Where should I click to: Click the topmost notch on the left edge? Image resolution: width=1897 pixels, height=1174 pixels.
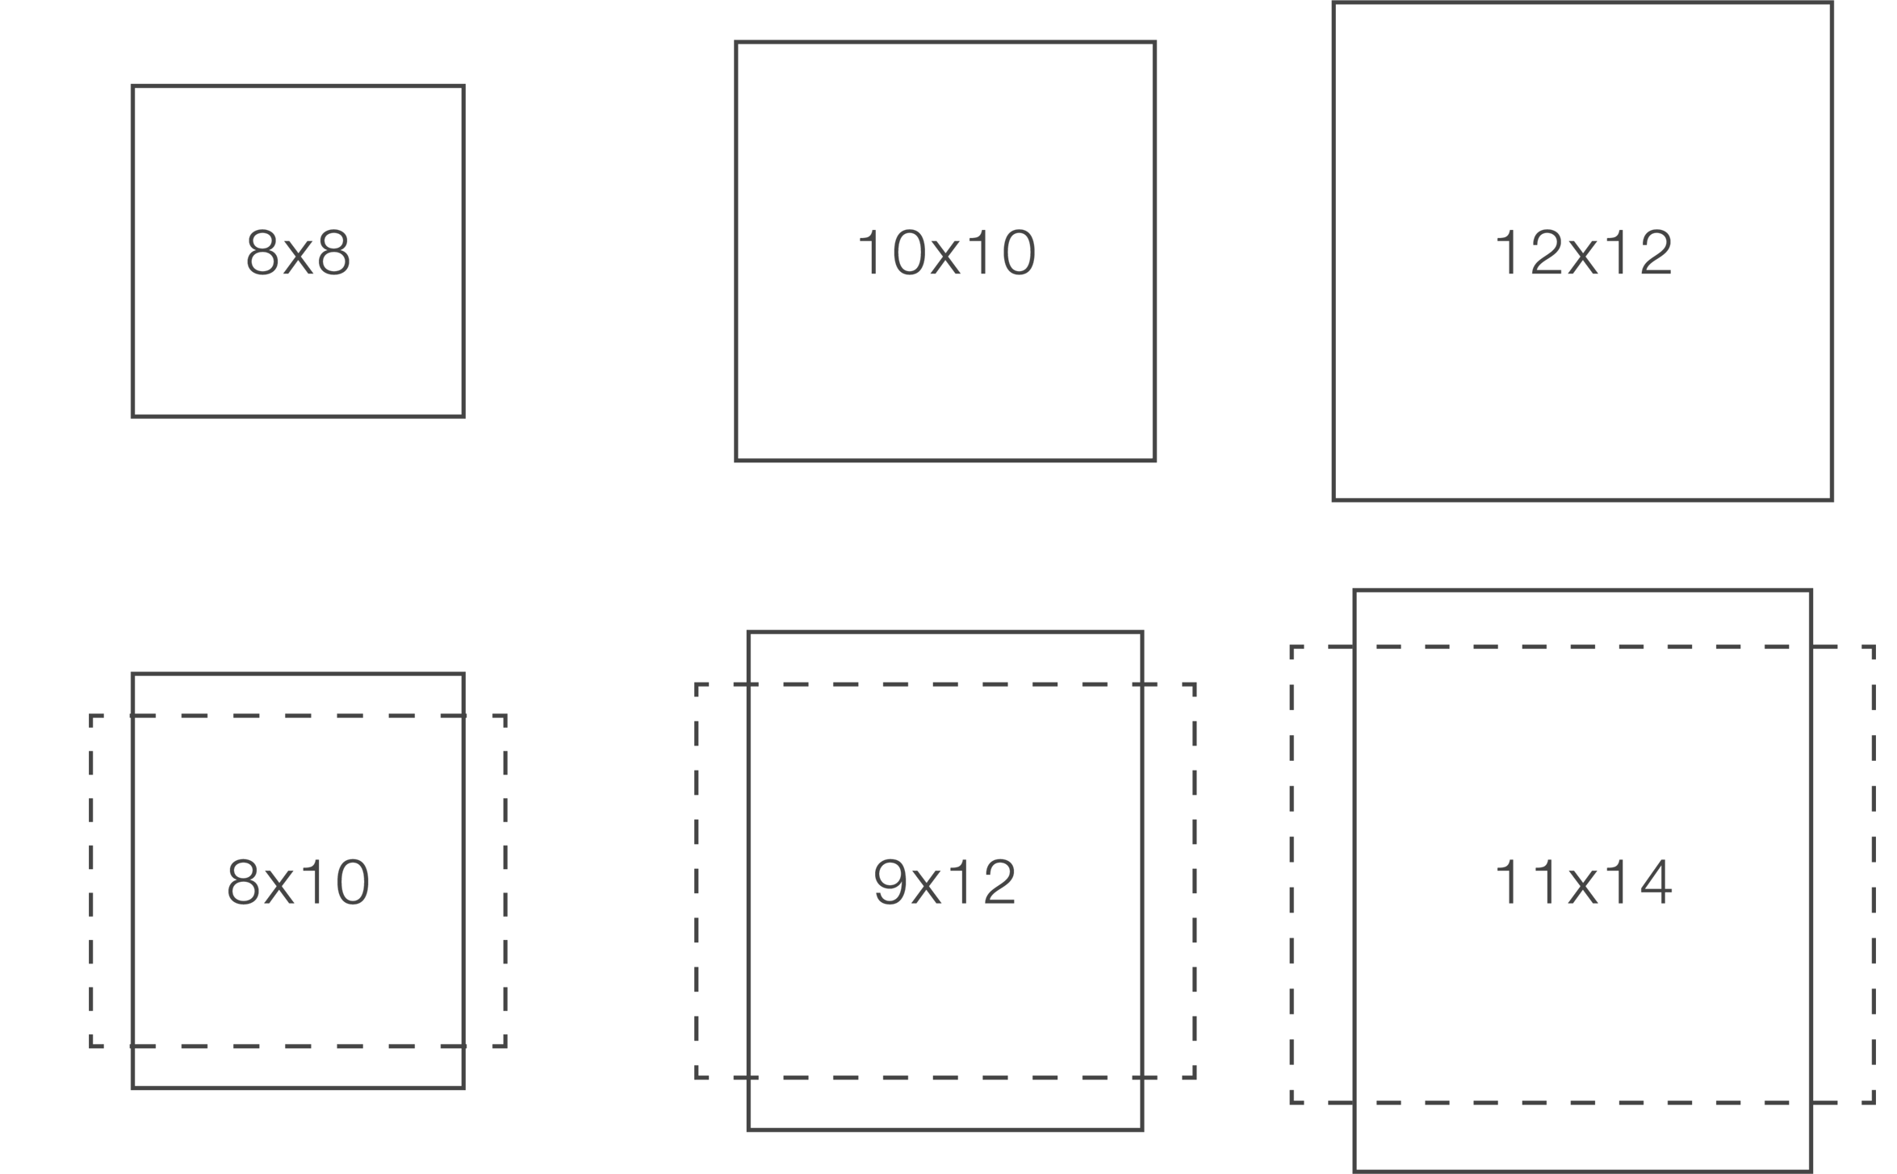point(90,720)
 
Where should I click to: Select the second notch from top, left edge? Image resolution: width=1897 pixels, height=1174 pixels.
point(90,762)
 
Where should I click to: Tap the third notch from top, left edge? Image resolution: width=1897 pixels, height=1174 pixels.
point(90,809)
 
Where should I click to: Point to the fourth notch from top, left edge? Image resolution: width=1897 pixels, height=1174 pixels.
point(90,856)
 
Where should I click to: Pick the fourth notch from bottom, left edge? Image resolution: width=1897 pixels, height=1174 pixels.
point(90,904)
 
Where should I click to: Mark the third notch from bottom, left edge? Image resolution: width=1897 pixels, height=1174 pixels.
point(90,951)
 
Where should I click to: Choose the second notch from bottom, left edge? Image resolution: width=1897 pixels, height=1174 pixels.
point(90,999)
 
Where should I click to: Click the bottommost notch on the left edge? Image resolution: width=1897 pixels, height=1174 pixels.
point(90,1042)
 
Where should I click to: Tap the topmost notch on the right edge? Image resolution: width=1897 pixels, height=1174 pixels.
point(1874,652)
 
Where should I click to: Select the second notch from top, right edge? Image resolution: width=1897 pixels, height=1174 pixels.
point(1874,697)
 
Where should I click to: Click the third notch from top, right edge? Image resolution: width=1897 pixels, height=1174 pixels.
point(1874,748)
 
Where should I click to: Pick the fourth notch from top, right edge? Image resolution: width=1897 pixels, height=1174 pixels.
point(1874,799)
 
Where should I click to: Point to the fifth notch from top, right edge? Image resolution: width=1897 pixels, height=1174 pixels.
point(1874,849)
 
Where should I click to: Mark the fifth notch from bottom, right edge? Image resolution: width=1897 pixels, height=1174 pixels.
point(1874,900)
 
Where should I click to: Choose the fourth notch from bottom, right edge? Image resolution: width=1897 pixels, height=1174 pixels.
point(1874,950)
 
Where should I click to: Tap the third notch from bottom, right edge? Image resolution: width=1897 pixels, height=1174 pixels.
point(1874,1001)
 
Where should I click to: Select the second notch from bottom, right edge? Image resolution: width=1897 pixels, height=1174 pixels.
point(1874,1052)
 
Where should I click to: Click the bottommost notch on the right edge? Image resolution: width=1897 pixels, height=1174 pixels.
point(1874,1097)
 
